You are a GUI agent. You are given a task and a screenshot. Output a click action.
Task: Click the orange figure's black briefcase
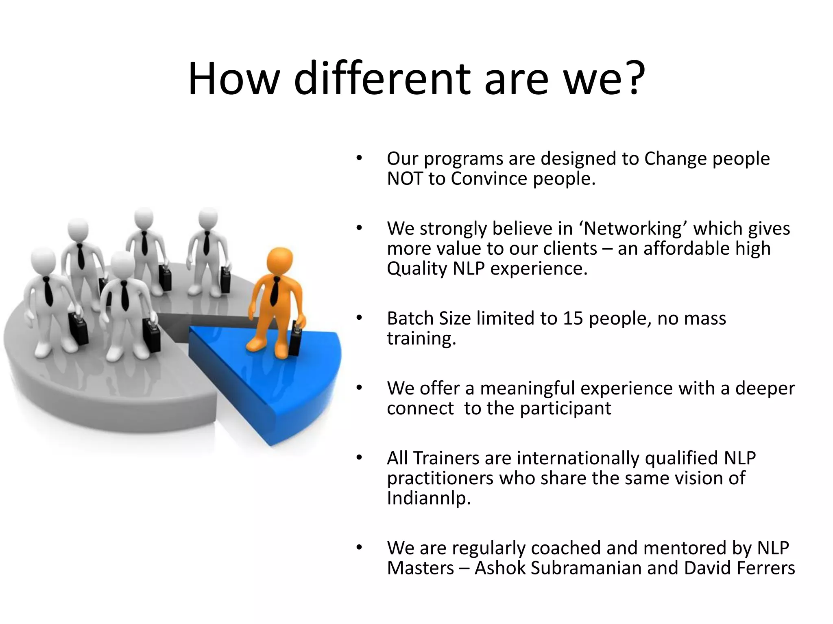296,339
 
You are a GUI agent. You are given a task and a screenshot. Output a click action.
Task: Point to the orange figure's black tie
275,290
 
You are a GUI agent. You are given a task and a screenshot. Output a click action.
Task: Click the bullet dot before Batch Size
359,318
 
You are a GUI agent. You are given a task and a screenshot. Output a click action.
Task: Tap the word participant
565,409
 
